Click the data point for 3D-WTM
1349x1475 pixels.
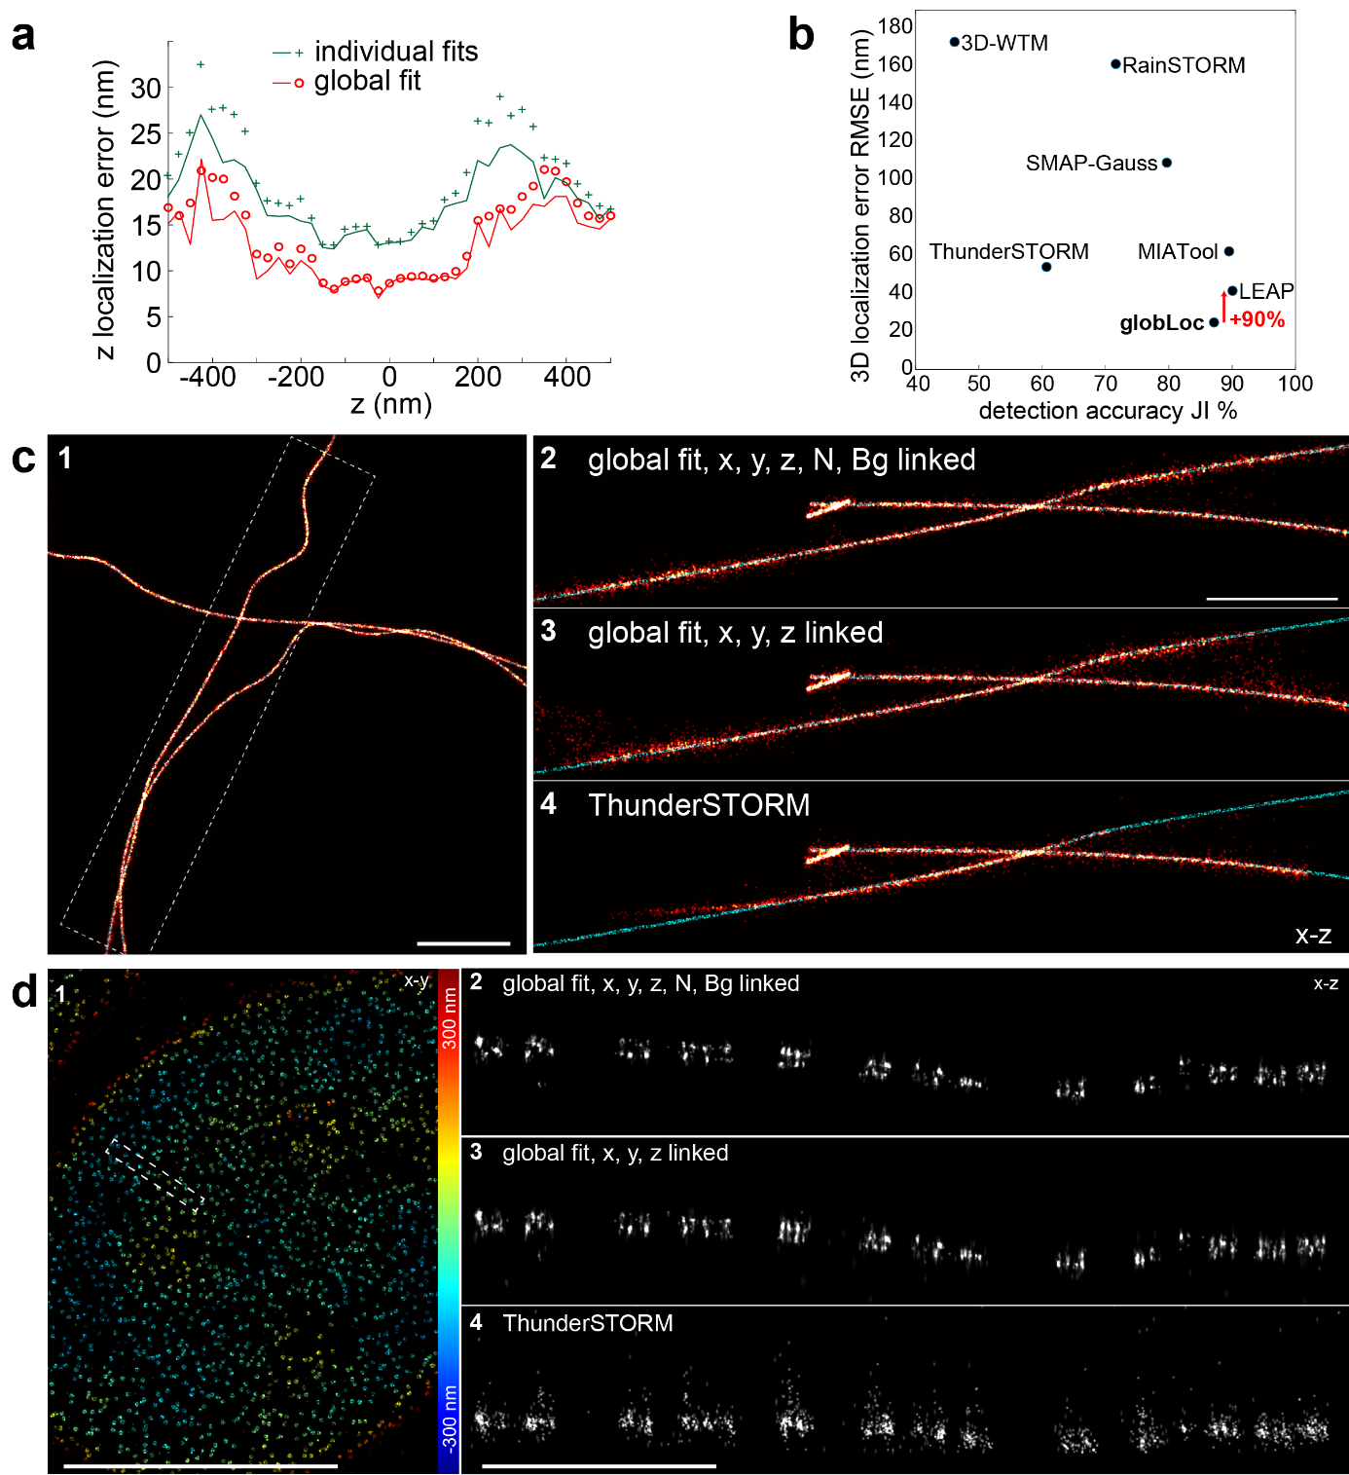click(x=954, y=42)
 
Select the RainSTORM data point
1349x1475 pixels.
click(x=1115, y=64)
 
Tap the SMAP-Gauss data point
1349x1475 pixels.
click(x=1167, y=163)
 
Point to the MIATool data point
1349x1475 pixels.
click(x=1229, y=251)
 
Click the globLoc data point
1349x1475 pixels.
click(x=1214, y=322)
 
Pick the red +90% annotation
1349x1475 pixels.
click(x=1257, y=320)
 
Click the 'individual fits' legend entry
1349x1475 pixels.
click(x=395, y=52)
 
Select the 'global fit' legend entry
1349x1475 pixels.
click(x=367, y=81)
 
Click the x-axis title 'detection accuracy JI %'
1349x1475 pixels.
click(x=1108, y=411)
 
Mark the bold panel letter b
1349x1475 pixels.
click(x=800, y=35)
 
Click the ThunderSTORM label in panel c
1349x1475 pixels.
click(x=699, y=805)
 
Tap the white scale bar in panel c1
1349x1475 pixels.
click(x=463, y=942)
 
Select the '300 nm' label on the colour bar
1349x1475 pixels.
click(x=449, y=1017)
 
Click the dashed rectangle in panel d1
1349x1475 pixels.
click(x=155, y=1173)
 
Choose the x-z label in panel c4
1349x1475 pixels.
click(x=1313, y=936)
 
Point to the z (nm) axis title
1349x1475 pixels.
click(x=390, y=404)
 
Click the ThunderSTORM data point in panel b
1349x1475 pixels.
click(x=1046, y=267)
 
